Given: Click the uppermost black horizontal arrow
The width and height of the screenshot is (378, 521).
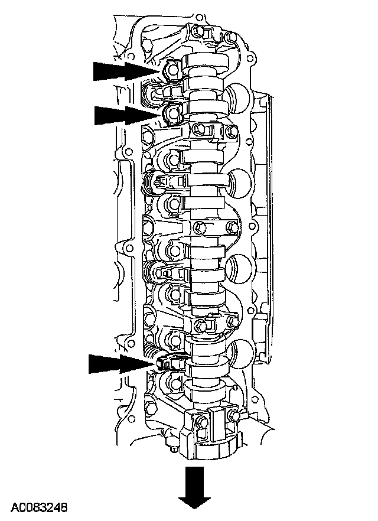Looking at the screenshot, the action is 126,71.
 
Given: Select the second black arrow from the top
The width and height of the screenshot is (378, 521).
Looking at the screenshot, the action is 128,115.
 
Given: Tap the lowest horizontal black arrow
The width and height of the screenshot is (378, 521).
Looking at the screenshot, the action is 122,364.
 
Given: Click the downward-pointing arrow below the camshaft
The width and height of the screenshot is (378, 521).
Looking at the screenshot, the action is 195,487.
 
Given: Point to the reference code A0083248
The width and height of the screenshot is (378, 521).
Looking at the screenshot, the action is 39,507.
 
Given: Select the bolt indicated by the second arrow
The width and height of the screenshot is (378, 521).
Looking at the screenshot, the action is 172,113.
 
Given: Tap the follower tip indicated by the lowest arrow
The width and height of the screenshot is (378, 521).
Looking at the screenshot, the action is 161,363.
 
